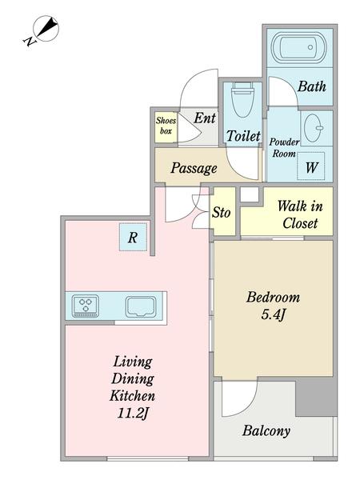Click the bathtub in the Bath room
(x=298, y=47)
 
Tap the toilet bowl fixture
(x=242, y=99)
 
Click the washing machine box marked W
(x=310, y=166)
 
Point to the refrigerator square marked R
(x=133, y=238)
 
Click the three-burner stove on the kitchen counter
(x=86, y=306)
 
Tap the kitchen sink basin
(x=141, y=306)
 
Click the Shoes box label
(x=166, y=126)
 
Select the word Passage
(x=194, y=168)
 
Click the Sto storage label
(x=221, y=212)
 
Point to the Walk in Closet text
(x=300, y=214)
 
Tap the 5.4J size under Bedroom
(x=274, y=314)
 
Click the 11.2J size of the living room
(x=133, y=414)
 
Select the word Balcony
(x=266, y=431)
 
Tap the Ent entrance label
(x=205, y=118)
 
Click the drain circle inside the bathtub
(x=310, y=47)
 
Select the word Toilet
(x=243, y=136)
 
